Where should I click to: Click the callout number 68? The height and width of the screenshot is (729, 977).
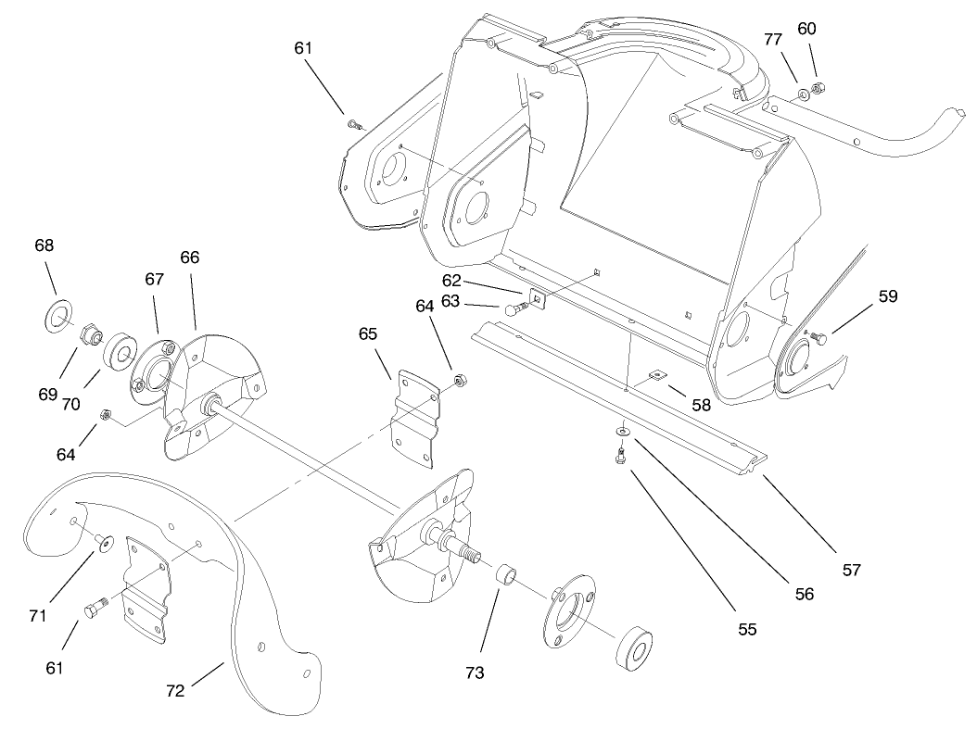click(x=44, y=245)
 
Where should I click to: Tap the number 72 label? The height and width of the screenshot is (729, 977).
click(x=175, y=689)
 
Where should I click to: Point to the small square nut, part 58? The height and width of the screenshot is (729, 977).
click(x=656, y=374)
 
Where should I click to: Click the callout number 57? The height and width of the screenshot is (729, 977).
click(x=852, y=570)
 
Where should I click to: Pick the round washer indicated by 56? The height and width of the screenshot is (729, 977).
click(x=621, y=431)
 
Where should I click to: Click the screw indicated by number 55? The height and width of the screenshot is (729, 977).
click(x=620, y=455)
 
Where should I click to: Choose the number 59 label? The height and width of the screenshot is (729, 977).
click(x=888, y=296)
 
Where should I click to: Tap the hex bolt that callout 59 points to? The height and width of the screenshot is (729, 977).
click(x=819, y=340)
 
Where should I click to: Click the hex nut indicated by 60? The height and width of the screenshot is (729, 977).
click(x=818, y=89)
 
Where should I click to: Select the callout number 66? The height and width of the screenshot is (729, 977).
click(x=190, y=258)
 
